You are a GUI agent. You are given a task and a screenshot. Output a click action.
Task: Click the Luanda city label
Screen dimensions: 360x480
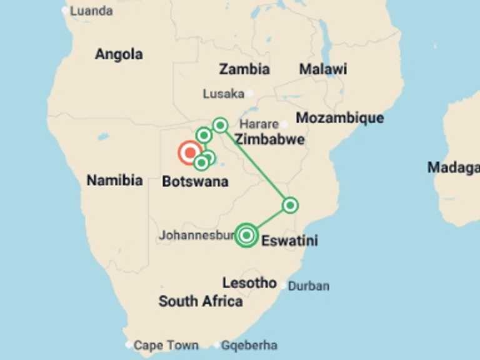[x=91, y=11]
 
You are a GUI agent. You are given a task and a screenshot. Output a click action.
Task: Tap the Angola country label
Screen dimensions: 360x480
[x=119, y=54]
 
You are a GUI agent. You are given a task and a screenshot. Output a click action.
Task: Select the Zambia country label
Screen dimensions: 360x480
[x=244, y=69]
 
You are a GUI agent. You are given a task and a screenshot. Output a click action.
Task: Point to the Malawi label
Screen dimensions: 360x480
[x=322, y=69]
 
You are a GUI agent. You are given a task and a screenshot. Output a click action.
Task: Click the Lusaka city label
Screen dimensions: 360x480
[x=223, y=94]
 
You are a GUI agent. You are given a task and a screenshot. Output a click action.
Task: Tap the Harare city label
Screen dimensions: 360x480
[x=259, y=124]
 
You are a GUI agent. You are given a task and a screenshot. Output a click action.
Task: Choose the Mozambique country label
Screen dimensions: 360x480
[x=340, y=117]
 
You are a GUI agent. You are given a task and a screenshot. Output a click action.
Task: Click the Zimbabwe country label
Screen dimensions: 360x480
[x=269, y=139]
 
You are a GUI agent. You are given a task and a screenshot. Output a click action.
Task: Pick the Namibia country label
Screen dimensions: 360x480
[x=114, y=181]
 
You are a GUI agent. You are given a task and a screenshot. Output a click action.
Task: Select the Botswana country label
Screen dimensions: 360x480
[x=195, y=182]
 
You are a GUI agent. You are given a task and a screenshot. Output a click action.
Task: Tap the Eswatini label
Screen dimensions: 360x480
[x=289, y=240]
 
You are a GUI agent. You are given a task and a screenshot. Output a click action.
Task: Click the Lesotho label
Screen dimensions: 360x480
[x=249, y=282]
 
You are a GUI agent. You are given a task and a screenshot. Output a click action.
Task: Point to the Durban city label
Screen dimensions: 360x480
[x=309, y=286]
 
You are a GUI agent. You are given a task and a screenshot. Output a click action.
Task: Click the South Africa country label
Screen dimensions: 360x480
[x=201, y=301]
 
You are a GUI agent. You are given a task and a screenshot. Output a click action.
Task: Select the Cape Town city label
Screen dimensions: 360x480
[x=166, y=345]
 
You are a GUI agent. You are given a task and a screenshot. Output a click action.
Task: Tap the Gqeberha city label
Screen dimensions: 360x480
[x=249, y=345]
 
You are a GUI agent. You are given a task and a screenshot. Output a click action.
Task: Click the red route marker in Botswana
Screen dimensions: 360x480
[x=190, y=152]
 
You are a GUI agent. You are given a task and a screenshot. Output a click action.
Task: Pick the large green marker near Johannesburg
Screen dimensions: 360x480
[x=247, y=235]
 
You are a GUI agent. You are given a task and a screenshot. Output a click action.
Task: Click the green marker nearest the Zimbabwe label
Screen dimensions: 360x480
[x=220, y=125]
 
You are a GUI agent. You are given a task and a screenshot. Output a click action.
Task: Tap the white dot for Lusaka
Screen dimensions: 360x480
[x=249, y=94]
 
